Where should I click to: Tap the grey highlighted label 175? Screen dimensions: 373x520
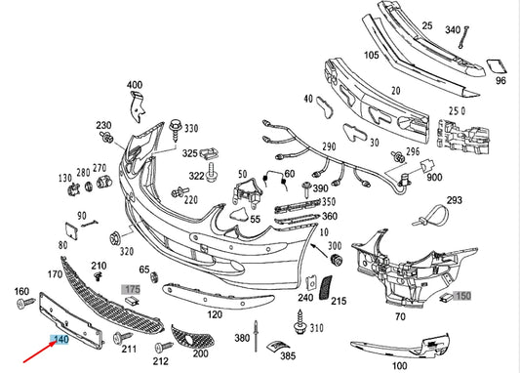pos(132,290)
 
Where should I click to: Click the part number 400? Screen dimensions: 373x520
pos(135,86)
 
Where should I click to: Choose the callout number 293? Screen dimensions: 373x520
pos(455,200)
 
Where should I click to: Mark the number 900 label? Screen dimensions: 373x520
pos(433,178)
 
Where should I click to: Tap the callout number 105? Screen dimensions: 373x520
pos(372,56)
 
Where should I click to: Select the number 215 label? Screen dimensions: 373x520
pos(339,303)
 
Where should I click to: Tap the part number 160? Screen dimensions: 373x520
pos(21,292)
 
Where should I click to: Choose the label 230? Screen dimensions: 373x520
pos(103,126)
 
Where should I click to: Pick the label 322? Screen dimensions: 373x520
pos(197,176)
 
